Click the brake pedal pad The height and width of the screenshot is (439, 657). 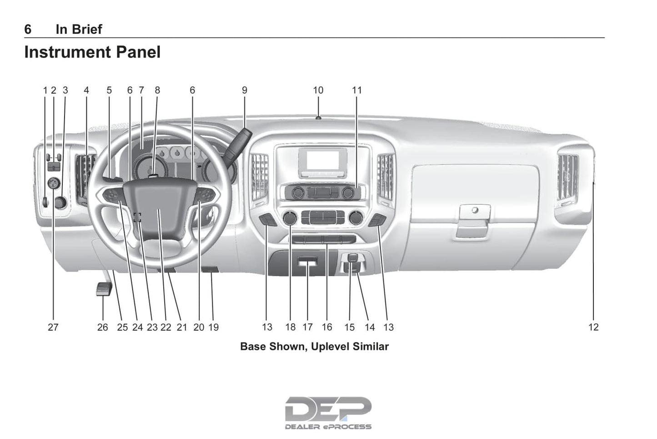[x=104, y=289]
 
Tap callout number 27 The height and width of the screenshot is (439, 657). [x=53, y=327]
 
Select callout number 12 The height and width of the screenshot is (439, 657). [x=593, y=327]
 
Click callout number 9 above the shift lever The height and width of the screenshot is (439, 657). [x=245, y=90]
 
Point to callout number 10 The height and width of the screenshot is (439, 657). [x=318, y=90]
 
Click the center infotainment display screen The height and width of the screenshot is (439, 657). [x=322, y=160]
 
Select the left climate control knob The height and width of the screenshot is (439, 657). [x=290, y=218]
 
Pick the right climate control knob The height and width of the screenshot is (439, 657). [x=356, y=218]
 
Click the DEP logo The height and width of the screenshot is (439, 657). [x=328, y=413]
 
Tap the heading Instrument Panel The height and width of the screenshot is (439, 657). [x=92, y=52]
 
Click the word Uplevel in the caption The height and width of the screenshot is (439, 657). [x=331, y=347]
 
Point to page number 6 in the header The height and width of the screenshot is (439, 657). [x=28, y=29]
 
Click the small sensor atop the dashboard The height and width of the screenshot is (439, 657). [x=318, y=118]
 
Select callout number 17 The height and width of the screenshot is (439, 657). [x=308, y=327]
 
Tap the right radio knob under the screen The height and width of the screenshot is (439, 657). [x=348, y=193]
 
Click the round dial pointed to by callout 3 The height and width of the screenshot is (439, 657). [x=61, y=202]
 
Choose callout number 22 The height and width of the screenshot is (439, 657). [x=166, y=327]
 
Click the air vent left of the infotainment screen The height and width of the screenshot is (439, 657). [x=260, y=177]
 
